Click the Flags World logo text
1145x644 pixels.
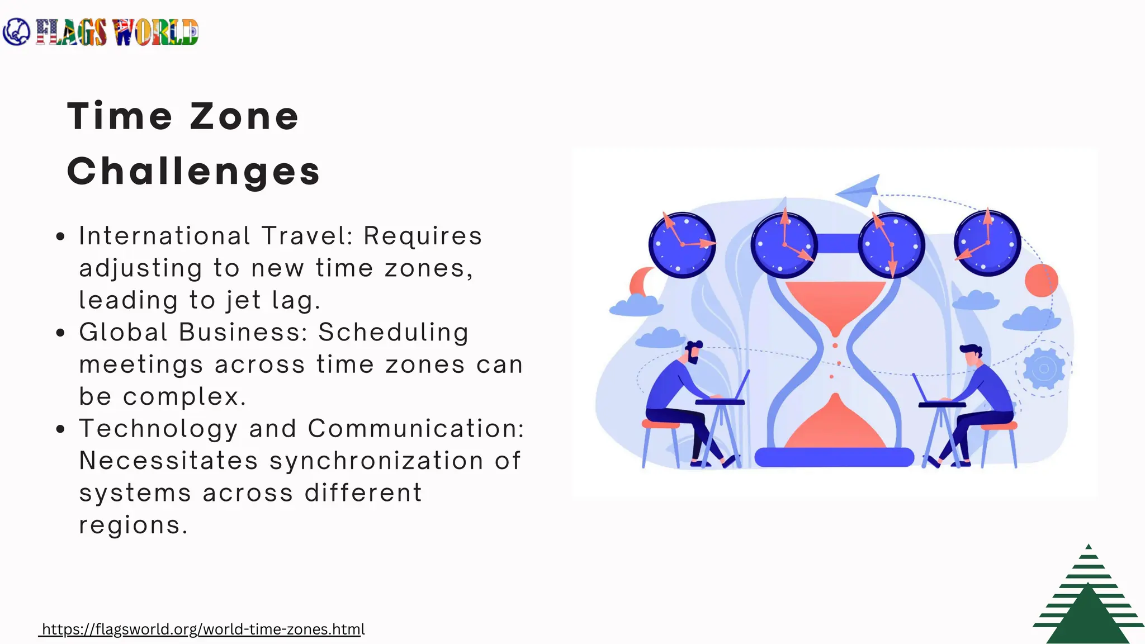(x=117, y=32)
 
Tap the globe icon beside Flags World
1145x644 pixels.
(x=16, y=32)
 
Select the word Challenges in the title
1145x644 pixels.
(x=193, y=171)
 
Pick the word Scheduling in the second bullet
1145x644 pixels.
(x=394, y=333)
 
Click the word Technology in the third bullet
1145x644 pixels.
(x=159, y=429)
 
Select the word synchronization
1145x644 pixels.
(x=376, y=461)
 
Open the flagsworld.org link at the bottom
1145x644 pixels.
(x=203, y=629)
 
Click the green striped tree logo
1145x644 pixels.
(x=1088, y=598)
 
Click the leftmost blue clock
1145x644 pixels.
(x=682, y=244)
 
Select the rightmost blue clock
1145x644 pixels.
(x=987, y=243)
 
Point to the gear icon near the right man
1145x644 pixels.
(x=1043, y=368)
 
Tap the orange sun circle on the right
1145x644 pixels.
(x=1041, y=280)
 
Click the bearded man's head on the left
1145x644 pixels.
(x=693, y=352)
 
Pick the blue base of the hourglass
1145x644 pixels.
(x=834, y=457)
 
